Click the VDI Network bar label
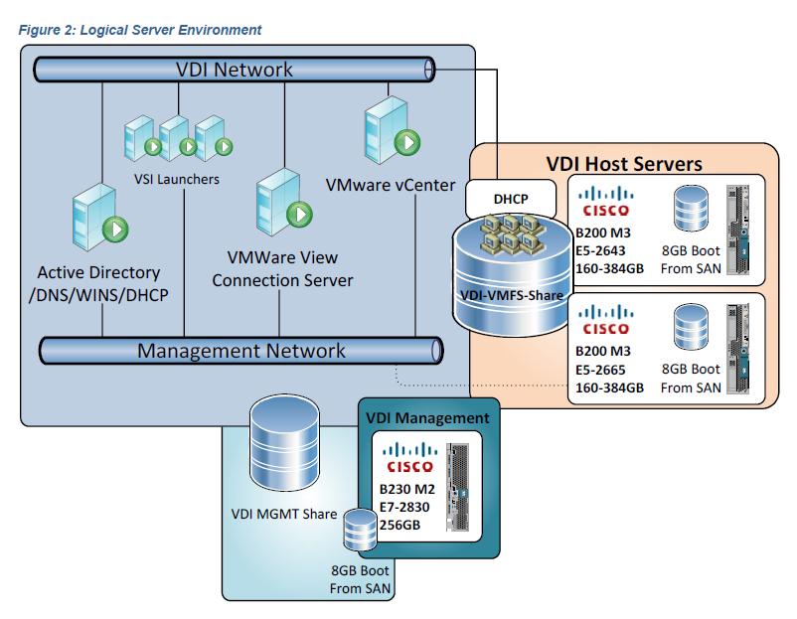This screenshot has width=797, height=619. click(x=235, y=70)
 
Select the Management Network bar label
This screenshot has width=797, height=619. click(x=240, y=351)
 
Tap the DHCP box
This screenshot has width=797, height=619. click(x=512, y=198)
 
